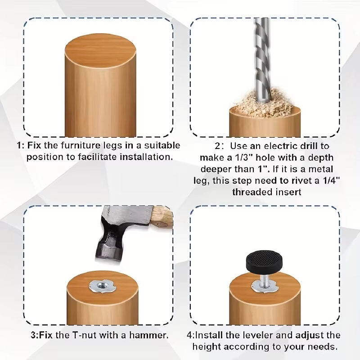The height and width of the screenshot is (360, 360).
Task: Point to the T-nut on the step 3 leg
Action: (100, 286)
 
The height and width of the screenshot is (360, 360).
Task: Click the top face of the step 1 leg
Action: (100, 51)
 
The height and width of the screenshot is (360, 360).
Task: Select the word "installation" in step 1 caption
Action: (146, 157)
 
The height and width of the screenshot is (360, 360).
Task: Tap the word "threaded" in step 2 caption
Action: (251, 192)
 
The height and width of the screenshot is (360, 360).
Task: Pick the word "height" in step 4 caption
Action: (207, 346)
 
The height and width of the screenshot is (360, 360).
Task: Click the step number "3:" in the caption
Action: (35, 335)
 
